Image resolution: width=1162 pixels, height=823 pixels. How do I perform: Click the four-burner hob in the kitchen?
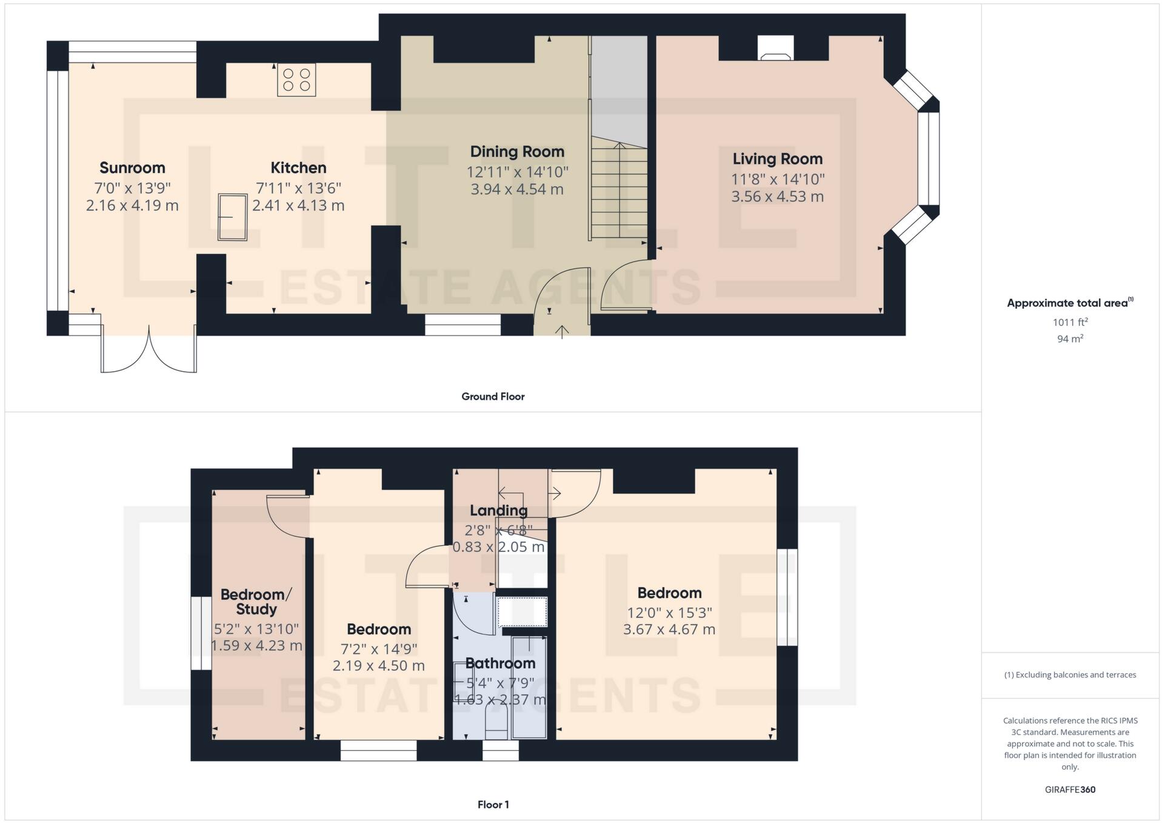(x=296, y=80)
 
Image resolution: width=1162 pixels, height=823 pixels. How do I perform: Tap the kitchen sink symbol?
(x=232, y=217)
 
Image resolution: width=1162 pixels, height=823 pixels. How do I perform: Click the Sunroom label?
(x=132, y=168)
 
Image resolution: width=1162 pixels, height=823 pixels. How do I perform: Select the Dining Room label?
(x=517, y=152)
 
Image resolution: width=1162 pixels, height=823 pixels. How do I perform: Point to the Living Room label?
(x=777, y=159)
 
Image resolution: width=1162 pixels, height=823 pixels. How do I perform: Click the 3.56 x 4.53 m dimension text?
(x=777, y=197)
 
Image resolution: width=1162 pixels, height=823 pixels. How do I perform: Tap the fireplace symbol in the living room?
(x=775, y=49)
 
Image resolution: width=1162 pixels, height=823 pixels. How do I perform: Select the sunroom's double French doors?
(x=149, y=352)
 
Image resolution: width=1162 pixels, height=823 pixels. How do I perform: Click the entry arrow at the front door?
(x=562, y=332)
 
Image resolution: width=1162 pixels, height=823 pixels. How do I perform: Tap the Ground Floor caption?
(x=493, y=397)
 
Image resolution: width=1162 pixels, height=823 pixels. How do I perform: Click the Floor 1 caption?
(x=493, y=805)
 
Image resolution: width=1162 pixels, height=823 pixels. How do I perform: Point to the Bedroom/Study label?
(x=256, y=602)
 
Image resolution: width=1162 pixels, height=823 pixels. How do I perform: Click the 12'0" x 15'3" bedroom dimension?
(x=669, y=613)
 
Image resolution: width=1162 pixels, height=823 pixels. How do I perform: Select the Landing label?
(x=498, y=511)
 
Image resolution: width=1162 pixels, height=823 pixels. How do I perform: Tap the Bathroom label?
(x=500, y=663)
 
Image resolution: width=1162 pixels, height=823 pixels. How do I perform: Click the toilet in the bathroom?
(x=496, y=725)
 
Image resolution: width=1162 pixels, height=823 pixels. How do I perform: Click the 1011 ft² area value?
(x=1070, y=323)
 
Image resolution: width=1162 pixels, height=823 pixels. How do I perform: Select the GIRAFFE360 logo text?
(x=1070, y=790)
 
